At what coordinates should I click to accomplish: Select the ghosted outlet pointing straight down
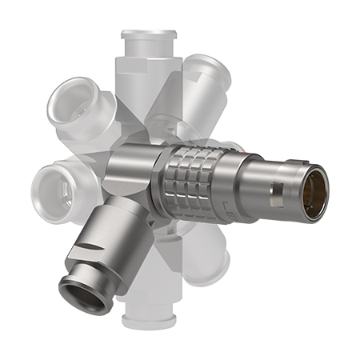(x=148, y=308)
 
